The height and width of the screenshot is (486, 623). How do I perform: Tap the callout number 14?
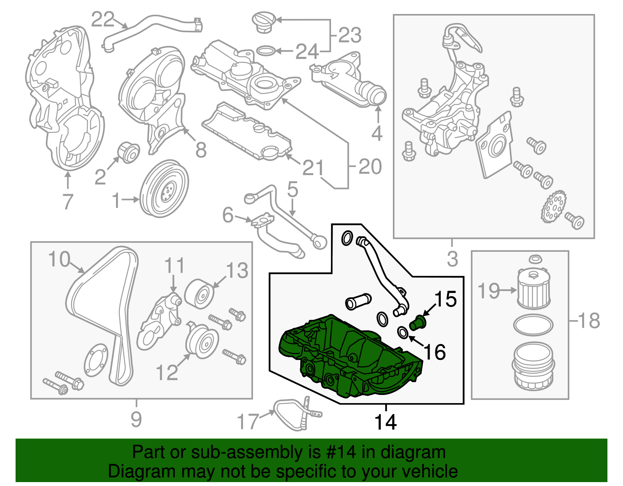385,422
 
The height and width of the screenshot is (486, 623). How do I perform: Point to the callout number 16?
435,352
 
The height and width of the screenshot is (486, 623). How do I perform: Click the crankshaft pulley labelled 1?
164,188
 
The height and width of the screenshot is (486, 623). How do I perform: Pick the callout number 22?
103,19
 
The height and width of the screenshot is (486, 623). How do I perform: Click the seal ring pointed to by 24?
266,51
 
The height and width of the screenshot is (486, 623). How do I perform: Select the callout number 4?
377,133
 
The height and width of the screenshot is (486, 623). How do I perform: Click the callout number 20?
370,167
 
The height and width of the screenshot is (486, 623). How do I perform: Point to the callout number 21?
313,168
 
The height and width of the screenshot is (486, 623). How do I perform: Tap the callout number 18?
589,321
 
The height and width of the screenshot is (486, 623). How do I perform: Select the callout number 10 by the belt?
59,259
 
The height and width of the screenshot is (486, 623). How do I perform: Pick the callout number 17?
248,421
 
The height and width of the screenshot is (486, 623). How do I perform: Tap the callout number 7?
68,202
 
